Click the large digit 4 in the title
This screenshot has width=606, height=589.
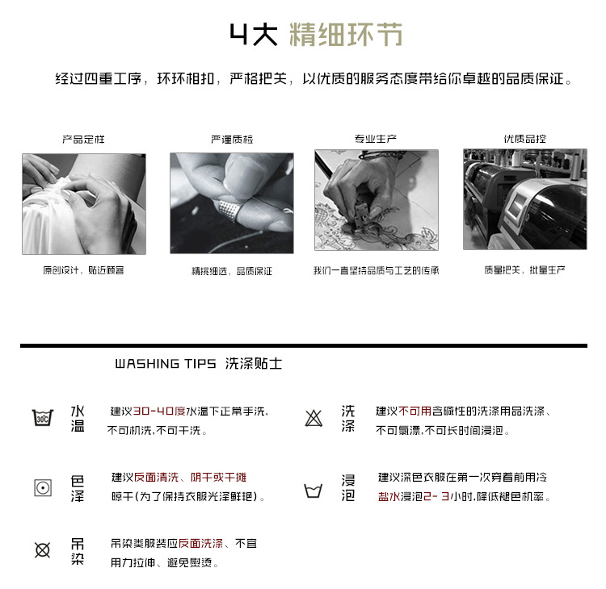[239, 34]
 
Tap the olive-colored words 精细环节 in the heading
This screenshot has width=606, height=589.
[346, 35]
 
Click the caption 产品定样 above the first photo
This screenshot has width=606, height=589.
[83, 140]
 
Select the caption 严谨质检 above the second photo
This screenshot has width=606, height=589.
[232, 140]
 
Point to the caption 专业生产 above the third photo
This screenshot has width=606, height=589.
[376, 139]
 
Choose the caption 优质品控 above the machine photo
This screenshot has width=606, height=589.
[524, 139]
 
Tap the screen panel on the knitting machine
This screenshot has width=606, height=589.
[517, 206]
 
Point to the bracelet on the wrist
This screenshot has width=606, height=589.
[381, 155]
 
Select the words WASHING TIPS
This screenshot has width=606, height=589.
[166, 364]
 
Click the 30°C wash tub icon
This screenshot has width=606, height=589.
[43, 418]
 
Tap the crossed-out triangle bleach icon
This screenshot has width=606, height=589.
[314, 419]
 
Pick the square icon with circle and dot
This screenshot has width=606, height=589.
[43, 488]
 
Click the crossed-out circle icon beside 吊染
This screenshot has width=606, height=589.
[43, 550]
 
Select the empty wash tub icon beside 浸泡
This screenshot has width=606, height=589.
[313, 491]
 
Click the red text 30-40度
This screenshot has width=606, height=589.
[159, 411]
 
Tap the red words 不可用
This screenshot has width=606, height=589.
[415, 411]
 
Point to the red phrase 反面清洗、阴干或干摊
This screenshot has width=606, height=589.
[190, 478]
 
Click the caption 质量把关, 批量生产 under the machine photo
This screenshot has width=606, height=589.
[524, 270]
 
